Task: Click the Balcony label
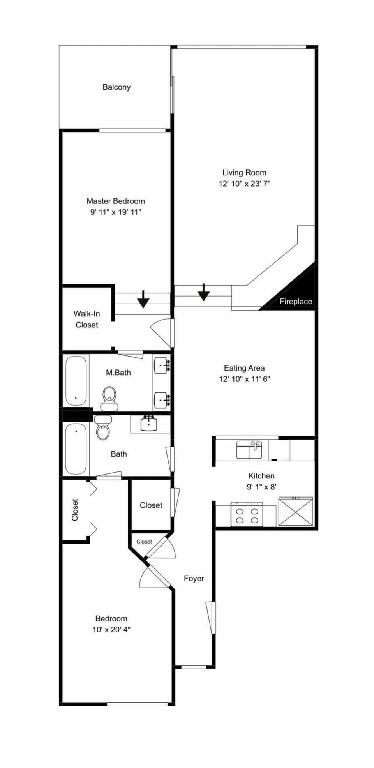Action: point(116,87)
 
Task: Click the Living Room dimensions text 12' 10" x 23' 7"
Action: point(244,184)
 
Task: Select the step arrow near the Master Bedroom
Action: point(143,299)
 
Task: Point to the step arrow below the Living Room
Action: point(203,292)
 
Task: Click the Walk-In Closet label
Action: point(86,319)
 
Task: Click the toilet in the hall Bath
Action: point(103,428)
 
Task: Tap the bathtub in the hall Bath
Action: point(76,448)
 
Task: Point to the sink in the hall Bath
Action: point(148,424)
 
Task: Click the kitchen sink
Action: point(249,450)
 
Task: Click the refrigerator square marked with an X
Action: point(296,511)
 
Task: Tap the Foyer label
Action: point(194,579)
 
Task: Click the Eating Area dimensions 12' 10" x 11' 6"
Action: point(244,379)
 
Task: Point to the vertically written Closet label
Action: point(75,510)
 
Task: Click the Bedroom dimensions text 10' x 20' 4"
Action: point(111,630)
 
